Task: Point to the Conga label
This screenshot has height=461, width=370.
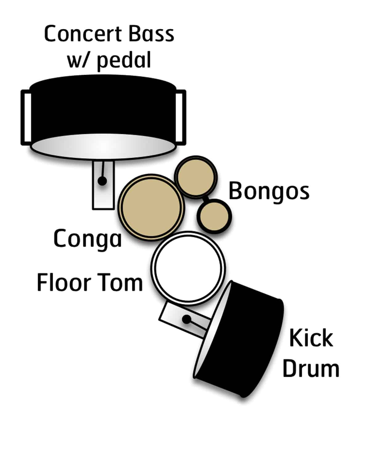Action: click(88, 239)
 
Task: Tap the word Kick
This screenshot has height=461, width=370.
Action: click(311, 338)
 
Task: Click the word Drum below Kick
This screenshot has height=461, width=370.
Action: click(311, 368)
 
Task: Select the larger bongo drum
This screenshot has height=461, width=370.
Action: click(196, 177)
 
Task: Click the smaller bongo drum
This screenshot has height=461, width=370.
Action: click(214, 216)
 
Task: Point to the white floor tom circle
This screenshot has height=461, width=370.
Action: click(188, 268)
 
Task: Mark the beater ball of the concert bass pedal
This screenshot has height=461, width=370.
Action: click(102, 181)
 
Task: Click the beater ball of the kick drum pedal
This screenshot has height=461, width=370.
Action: click(186, 319)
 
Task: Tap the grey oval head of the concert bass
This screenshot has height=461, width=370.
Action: click(103, 147)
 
